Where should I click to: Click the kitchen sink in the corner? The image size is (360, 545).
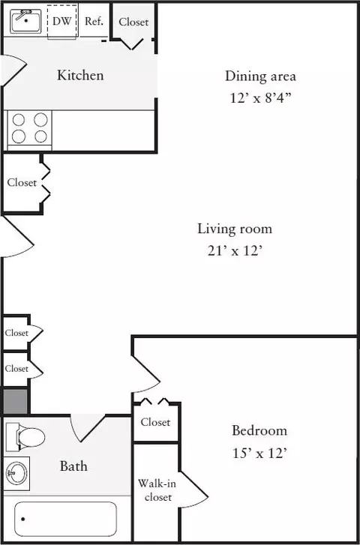25,21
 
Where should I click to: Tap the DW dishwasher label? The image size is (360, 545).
61,21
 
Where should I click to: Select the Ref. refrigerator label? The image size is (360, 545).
94,21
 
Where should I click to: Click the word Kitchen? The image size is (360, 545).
80,75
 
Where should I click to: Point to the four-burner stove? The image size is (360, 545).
29,128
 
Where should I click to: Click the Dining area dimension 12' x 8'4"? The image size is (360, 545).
260,97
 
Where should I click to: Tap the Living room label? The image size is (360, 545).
235,229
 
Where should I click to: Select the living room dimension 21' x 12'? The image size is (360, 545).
235,250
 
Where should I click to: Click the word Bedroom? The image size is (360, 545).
259,430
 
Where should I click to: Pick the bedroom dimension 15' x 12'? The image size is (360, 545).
259,453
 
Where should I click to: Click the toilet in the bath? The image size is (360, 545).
25,437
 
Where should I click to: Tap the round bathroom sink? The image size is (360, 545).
16,473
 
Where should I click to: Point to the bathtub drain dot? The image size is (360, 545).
23,520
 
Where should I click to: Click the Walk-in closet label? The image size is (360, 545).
157,490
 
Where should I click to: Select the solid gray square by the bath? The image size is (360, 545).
15,401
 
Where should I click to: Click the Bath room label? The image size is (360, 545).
73,466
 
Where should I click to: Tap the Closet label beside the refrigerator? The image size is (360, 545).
133,22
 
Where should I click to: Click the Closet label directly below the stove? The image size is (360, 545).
22,182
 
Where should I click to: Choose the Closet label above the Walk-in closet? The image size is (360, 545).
155,422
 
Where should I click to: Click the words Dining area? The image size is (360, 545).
260,76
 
